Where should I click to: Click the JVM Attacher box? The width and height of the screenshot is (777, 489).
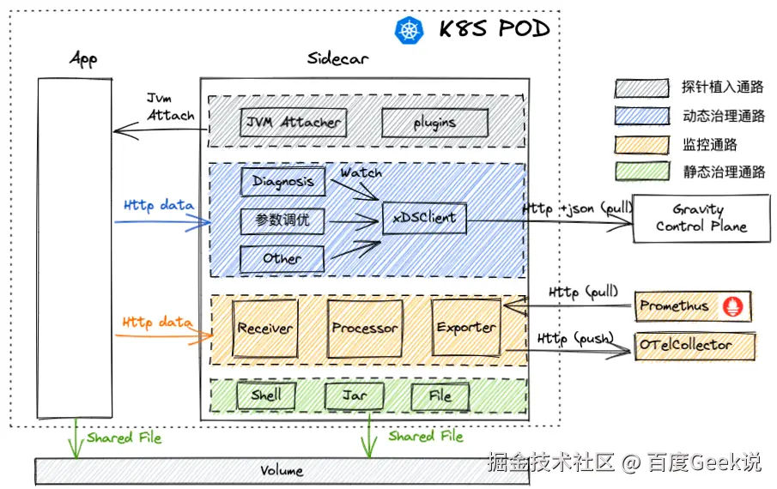click(x=292, y=123)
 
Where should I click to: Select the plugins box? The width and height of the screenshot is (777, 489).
click(x=434, y=123)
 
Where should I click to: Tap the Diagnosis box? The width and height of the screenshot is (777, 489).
click(x=282, y=182)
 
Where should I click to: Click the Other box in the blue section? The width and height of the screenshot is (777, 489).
click(x=282, y=258)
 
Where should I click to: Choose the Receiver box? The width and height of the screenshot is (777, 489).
click(x=264, y=329)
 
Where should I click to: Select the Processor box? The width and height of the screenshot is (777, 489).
click(x=364, y=329)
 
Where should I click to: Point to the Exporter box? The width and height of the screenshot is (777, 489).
click(x=465, y=328)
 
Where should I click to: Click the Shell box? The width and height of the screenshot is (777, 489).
click(x=266, y=395)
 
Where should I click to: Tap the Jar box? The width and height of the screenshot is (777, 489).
click(x=354, y=395)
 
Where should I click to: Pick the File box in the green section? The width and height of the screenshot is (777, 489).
click(x=440, y=396)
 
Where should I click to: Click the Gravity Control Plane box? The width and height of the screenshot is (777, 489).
click(x=701, y=219)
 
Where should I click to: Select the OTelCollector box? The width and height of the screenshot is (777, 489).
click(x=695, y=346)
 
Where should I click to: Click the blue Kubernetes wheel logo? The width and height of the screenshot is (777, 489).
click(x=410, y=30)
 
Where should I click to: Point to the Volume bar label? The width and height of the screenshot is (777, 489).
click(x=282, y=471)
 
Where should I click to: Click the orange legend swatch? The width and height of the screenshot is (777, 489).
click(x=641, y=144)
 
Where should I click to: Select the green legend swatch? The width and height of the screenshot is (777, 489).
click(x=641, y=172)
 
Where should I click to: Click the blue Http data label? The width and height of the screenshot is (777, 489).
click(x=158, y=206)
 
